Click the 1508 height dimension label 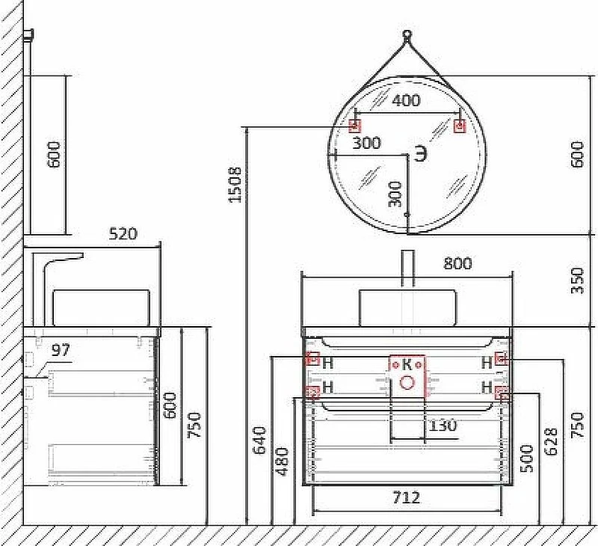[235, 185]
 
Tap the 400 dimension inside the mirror [407, 100]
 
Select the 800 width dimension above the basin [457, 263]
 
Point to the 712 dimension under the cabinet [407, 497]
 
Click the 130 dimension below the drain [443, 425]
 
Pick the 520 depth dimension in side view [123, 234]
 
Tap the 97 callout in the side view [61, 349]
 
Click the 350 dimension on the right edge [577, 280]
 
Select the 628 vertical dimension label [551, 441]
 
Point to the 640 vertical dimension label [259, 441]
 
